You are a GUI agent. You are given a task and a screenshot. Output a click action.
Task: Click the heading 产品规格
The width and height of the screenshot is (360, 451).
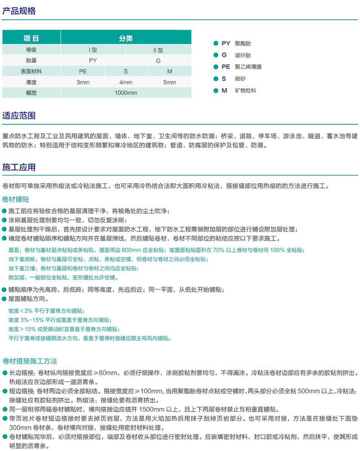19,11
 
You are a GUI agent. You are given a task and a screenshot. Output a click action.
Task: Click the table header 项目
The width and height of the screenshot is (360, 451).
31,39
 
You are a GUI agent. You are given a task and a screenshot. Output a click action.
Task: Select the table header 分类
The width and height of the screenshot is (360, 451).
126,39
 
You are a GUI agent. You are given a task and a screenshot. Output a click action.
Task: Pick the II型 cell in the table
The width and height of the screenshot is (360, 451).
158,50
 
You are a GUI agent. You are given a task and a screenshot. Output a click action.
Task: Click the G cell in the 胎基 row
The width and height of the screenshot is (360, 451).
158,60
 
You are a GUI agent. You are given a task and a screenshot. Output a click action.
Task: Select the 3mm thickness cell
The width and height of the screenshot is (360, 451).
83,82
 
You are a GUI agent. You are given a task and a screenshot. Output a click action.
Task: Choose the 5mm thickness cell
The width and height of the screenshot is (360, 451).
170,82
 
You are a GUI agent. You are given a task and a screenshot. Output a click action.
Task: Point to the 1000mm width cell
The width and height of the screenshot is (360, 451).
126,93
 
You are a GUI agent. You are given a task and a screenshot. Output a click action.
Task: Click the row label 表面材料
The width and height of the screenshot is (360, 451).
31,71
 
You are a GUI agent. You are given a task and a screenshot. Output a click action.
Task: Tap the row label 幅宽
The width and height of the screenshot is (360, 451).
31,93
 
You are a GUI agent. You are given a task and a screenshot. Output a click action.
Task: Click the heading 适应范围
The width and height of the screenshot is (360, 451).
19,115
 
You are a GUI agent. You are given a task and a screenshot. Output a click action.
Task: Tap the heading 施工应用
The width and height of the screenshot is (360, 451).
19,167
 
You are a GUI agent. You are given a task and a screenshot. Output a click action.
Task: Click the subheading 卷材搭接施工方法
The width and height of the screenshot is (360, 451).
30,361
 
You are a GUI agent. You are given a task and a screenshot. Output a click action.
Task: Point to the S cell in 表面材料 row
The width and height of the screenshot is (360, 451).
126,71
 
